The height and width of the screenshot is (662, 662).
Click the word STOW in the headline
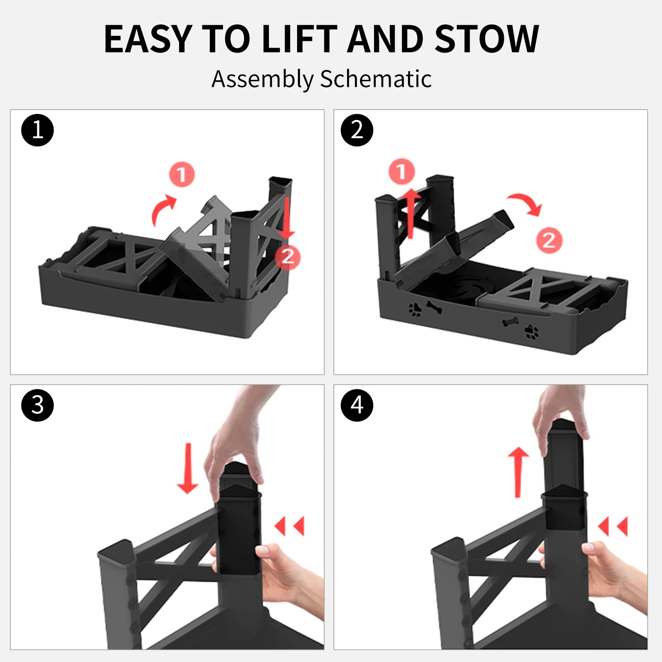pyautogui.click(x=487, y=39)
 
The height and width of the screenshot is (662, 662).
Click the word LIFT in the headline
pyautogui.click(x=300, y=39)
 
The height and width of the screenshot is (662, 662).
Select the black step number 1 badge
pyautogui.click(x=38, y=130)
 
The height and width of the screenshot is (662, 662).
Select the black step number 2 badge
pyautogui.click(x=357, y=130)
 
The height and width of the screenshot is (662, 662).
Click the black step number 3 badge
pyautogui.click(x=38, y=405)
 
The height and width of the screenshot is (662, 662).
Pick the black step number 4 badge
pyautogui.click(x=357, y=405)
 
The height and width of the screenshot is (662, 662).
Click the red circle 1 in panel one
pyautogui.click(x=182, y=175)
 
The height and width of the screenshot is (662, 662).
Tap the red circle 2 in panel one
pyautogui.click(x=288, y=257)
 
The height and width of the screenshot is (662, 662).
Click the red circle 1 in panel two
pyautogui.click(x=401, y=171)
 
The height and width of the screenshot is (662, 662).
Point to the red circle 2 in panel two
pyautogui.click(x=549, y=240)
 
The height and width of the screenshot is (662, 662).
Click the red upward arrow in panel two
pyautogui.click(x=410, y=213)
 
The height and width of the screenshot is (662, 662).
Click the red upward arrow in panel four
pyautogui.click(x=518, y=472)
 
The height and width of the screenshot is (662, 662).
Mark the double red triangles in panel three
pyautogui.click(x=290, y=526)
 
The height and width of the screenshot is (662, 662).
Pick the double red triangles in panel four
pyautogui.click(x=614, y=526)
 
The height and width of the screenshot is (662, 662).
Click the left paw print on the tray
pyautogui.click(x=415, y=309)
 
